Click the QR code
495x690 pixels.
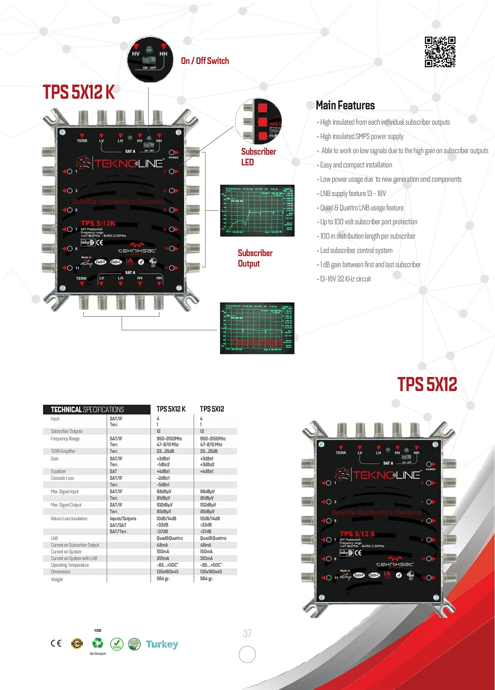tap(440, 51)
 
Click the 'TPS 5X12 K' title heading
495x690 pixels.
tap(79, 93)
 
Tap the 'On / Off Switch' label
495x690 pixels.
tap(205, 61)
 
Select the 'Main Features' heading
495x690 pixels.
tap(345, 105)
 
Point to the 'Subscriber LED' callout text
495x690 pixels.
tap(258, 157)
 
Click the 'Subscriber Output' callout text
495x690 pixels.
tap(255, 258)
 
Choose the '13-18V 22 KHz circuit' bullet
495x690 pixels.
tap(345, 279)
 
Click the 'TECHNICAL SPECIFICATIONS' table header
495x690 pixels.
tap(88, 409)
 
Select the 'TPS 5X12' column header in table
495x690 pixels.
tap(212, 409)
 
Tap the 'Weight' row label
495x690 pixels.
tap(57, 579)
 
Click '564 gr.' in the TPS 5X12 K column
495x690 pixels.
tap(163, 579)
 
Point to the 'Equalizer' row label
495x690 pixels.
tap(58, 471)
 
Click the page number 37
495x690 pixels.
tap(247, 634)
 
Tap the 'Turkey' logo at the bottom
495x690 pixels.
tap(162, 644)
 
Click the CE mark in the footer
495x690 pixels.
tap(56, 643)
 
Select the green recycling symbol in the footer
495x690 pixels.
tap(98, 643)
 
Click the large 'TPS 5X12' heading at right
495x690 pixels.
tap(427, 385)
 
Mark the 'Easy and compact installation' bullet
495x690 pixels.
tap(356, 165)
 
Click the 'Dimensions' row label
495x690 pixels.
tap(60, 572)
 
